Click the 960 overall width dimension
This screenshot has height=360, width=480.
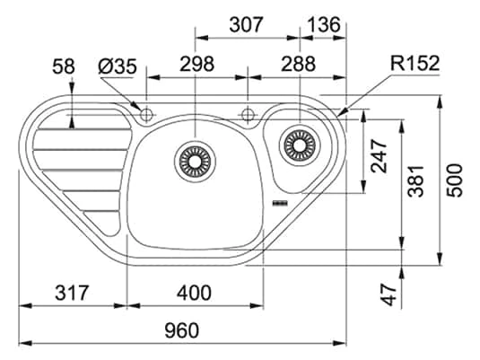[x=181, y=330]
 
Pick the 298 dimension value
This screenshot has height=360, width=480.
[x=196, y=64]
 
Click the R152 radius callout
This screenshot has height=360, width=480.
[x=414, y=64]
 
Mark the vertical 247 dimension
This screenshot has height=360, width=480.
[x=378, y=156]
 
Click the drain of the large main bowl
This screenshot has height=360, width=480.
[x=195, y=160]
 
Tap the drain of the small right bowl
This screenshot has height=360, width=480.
[x=297, y=144]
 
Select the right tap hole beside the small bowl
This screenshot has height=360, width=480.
[x=247, y=113]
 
